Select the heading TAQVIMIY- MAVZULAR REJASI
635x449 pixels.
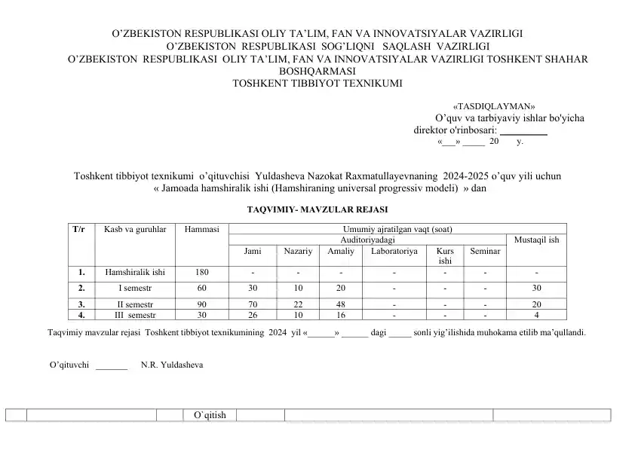(317, 209)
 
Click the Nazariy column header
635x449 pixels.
(298, 251)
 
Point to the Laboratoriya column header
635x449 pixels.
(394, 251)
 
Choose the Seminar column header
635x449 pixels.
(485, 251)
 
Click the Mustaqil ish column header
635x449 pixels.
(536, 240)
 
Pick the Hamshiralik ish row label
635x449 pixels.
(135, 272)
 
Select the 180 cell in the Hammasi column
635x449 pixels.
(201, 272)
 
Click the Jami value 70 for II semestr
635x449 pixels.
(254, 304)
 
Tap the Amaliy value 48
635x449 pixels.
(341, 304)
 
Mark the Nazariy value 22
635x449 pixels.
(298, 304)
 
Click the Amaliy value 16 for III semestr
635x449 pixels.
(341, 315)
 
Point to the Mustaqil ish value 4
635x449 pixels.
(536, 315)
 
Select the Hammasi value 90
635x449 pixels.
(201, 304)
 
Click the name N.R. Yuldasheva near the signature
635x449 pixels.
(172, 365)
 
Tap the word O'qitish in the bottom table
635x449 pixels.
(210, 415)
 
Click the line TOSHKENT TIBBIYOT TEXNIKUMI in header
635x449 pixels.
(318, 83)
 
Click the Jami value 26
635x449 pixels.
(254, 315)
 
